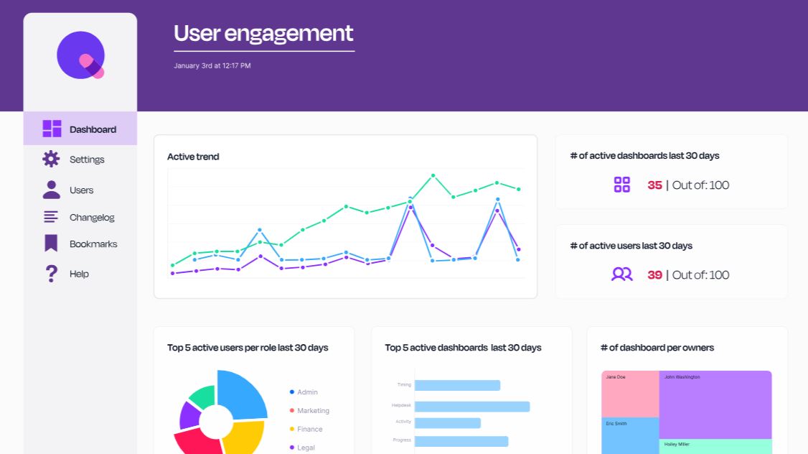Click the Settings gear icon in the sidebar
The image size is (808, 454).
(x=51, y=159)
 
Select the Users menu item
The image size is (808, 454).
(x=81, y=190)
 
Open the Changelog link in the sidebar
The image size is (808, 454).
(x=92, y=218)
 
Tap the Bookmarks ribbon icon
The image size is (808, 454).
(x=51, y=244)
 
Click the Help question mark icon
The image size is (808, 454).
(x=51, y=274)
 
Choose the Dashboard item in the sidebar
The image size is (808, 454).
(x=93, y=129)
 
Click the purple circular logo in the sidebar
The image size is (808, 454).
(x=81, y=55)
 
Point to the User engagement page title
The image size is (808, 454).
(x=263, y=33)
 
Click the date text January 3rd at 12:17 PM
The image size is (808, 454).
(x=212, y=66)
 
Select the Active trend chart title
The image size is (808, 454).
(x=193, y=157)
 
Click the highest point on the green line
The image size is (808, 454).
(x=433, y=175)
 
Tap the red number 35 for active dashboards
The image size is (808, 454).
(x=654, y=185)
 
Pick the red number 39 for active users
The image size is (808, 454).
(x=654, y=275)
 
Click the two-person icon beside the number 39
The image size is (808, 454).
(x=621, y=274)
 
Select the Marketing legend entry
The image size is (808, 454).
(x=313, y=411)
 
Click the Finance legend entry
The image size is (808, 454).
(x=309, y=430)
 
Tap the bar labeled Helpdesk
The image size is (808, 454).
(x=471, y=407)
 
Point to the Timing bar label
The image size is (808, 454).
(x=404, y=385)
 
